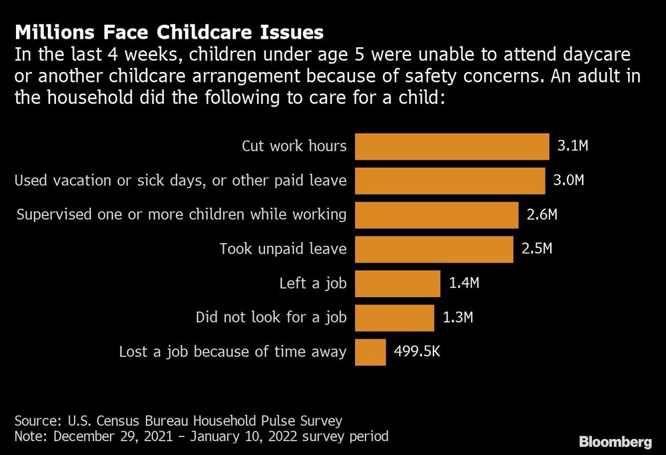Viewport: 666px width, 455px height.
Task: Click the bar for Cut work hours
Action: coord(452,146)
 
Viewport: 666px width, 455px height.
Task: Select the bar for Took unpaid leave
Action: coord(434,249)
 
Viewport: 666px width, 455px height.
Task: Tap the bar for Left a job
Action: coord(397,283)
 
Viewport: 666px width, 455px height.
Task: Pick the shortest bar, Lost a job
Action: coord(370,352)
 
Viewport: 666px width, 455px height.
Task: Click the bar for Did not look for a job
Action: coord(394,318)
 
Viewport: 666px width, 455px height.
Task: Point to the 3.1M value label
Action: coord(573,146)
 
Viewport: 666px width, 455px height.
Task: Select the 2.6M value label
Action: coord(542,215)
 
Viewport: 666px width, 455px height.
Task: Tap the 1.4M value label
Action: coord(464,283)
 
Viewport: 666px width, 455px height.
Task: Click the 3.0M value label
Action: coord(569,181)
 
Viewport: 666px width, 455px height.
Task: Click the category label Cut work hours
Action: coord(294,146)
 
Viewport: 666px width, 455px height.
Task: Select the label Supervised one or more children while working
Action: coord(181,215)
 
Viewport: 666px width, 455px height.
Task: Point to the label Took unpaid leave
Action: coord(283,249)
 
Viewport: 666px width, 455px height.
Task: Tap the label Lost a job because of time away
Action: coord(232,352)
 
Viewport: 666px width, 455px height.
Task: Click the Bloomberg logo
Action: coord(615,442)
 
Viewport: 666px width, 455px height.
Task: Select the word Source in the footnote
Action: coord(34,421)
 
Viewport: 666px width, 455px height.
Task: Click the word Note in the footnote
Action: coord(29,437)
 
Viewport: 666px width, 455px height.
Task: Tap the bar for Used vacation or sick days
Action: coord(450,181)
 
